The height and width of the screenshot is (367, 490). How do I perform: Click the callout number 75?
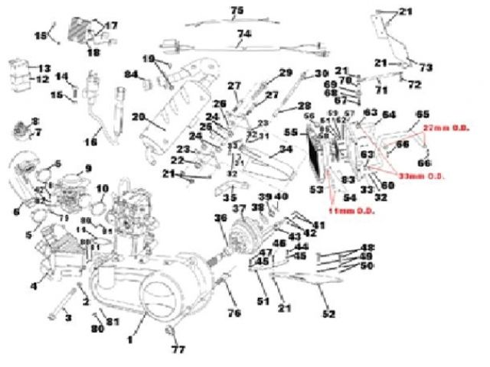237,9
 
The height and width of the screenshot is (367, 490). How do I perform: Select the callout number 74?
243,34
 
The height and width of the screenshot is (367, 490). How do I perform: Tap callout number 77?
177,350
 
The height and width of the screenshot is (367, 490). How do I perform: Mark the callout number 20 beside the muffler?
139,117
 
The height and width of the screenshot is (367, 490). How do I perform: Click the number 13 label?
44,68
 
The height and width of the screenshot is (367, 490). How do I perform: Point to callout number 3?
67,316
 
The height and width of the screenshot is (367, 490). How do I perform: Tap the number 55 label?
289,132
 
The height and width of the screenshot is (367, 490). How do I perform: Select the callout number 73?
426,67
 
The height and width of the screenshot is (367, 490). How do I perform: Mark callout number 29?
285,73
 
